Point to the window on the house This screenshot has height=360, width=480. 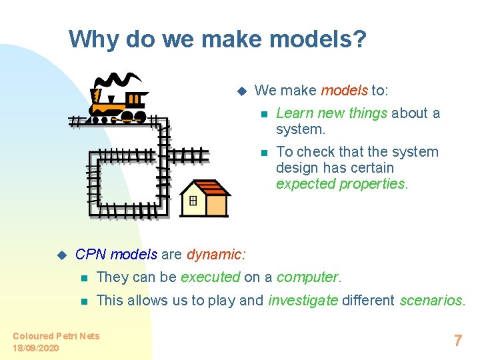(x=193, y=201)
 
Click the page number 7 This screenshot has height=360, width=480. (x=457, y=341)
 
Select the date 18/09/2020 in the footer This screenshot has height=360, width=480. (x=35, y=348)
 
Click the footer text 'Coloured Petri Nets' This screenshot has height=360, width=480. (x=56, y=336)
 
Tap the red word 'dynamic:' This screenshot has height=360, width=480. (x=216, y=254)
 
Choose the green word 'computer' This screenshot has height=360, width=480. (x=308, y=277)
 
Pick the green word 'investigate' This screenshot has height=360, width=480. (x=303, y=300)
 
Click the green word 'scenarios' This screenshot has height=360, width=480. (x=431, y=300)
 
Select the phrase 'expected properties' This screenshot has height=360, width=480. (x=340, y=183)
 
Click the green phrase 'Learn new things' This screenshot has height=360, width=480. (x=331, y=113)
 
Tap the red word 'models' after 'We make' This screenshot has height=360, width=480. (x=344, y=90)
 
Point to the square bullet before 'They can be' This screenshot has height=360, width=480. (x=83, y=277)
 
